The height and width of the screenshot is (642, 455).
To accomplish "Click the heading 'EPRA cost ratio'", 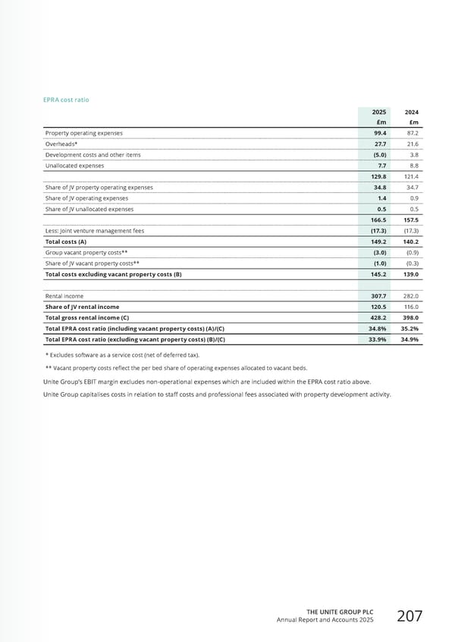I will [x=70, y=99].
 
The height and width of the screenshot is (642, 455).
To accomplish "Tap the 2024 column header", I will [x=413, y=111].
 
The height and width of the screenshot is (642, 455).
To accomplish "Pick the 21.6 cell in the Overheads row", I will [x=413, y=143].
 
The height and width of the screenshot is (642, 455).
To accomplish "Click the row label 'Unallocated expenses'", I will [x=74, y=165].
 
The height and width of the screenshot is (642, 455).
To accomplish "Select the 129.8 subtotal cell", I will [x=377, y=176].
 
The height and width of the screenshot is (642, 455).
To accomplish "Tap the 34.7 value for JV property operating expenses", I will [x=413, y=187].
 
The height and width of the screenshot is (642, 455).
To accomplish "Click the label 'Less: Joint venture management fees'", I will [x=95, y=230].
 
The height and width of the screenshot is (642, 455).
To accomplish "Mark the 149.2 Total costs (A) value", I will [x=377, y=242].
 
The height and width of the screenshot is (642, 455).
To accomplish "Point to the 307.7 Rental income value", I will [x=377, y=296].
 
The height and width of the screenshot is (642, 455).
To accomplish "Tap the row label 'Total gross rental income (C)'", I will [x=87, y=318].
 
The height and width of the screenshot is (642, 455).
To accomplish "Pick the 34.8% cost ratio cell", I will [x=377, y=329].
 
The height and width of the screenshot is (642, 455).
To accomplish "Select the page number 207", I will [x=410, y=616].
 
